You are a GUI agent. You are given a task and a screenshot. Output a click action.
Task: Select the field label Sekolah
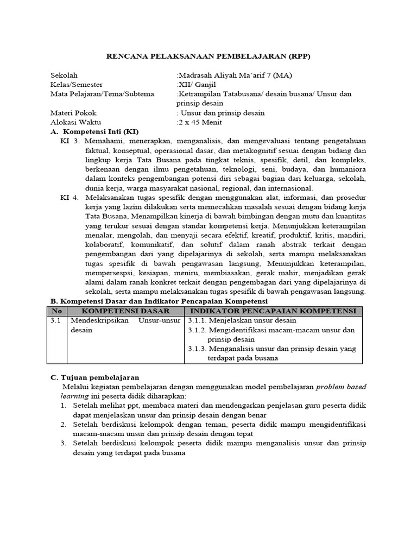point(64,75)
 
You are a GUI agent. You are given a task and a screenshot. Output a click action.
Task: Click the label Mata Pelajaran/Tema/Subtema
point(102,94)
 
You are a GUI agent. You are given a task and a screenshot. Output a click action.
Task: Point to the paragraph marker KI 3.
point(70,141)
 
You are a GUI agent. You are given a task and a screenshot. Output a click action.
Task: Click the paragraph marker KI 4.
point(70,198)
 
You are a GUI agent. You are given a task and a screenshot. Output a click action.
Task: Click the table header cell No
point(56,311)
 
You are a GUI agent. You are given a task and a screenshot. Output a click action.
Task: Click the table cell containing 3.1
point(56,321)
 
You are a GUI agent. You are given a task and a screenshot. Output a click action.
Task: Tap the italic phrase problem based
point(341,387)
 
